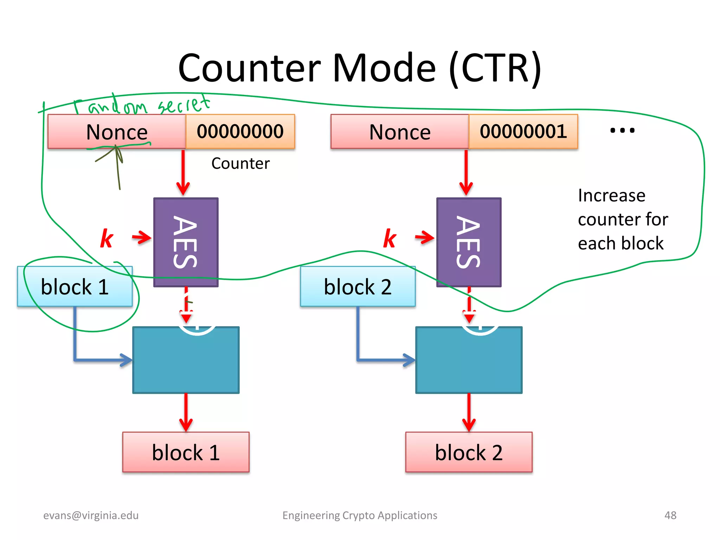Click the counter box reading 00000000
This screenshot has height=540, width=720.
[240, 131]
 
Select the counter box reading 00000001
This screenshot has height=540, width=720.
[523, 131]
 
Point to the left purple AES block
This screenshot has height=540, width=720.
[186, 242]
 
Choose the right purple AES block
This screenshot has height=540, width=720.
[469, 242]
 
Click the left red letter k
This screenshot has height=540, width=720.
[107, 239]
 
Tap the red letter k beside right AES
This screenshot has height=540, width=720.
[390, 239]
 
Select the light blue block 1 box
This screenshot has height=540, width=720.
[75, 287]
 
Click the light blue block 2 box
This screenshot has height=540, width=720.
[358, 287]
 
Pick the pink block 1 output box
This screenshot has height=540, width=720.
[186, 452]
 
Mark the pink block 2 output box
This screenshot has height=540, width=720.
[469, 452]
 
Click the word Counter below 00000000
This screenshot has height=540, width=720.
[240, 163]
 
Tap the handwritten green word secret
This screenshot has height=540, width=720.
[184, 104]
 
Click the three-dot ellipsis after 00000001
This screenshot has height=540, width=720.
[622, 130]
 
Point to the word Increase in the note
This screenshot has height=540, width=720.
[611, 195]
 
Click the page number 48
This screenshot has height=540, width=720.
[670, 515]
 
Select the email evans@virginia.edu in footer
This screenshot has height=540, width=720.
[91, 515]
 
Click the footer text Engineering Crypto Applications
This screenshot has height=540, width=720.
[360, 515]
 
